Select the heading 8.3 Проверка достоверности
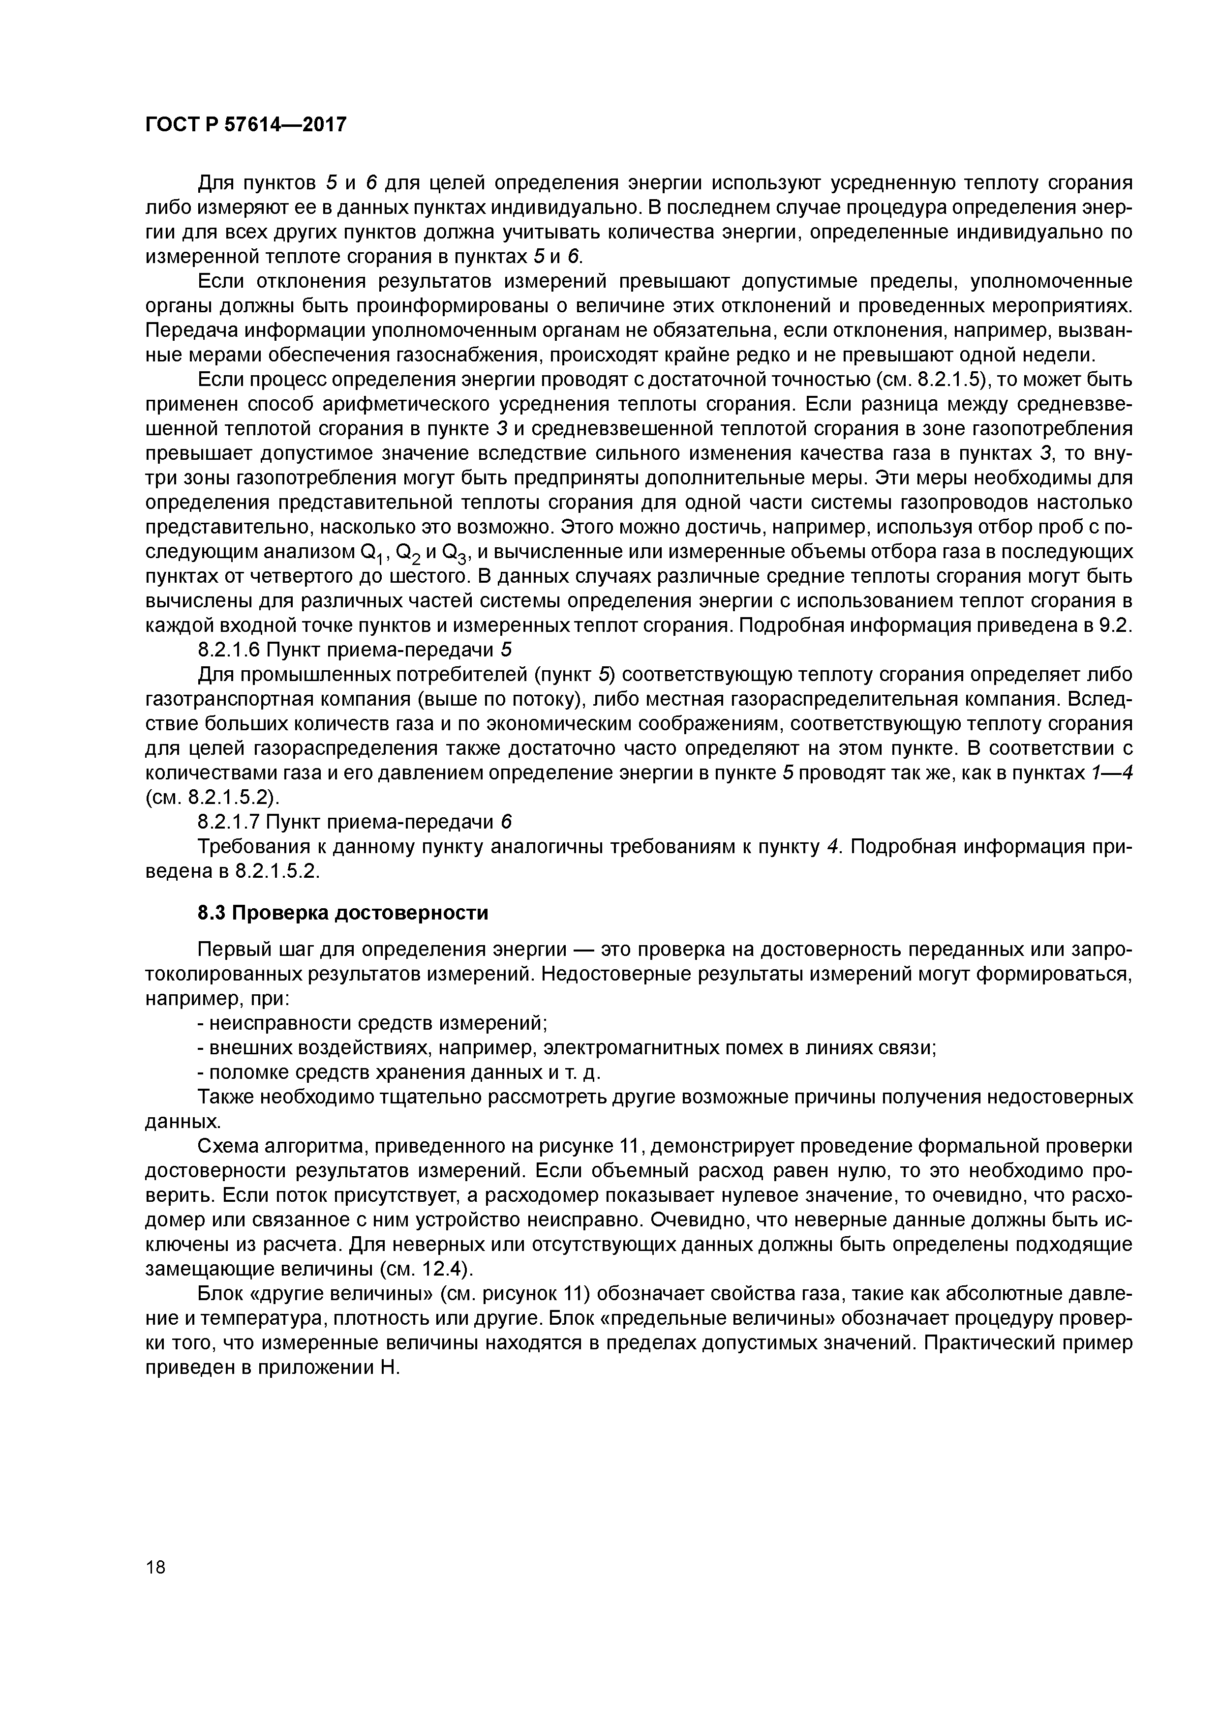[343, 913]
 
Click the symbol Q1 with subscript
[372, 554]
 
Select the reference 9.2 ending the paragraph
[1116, 625]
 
